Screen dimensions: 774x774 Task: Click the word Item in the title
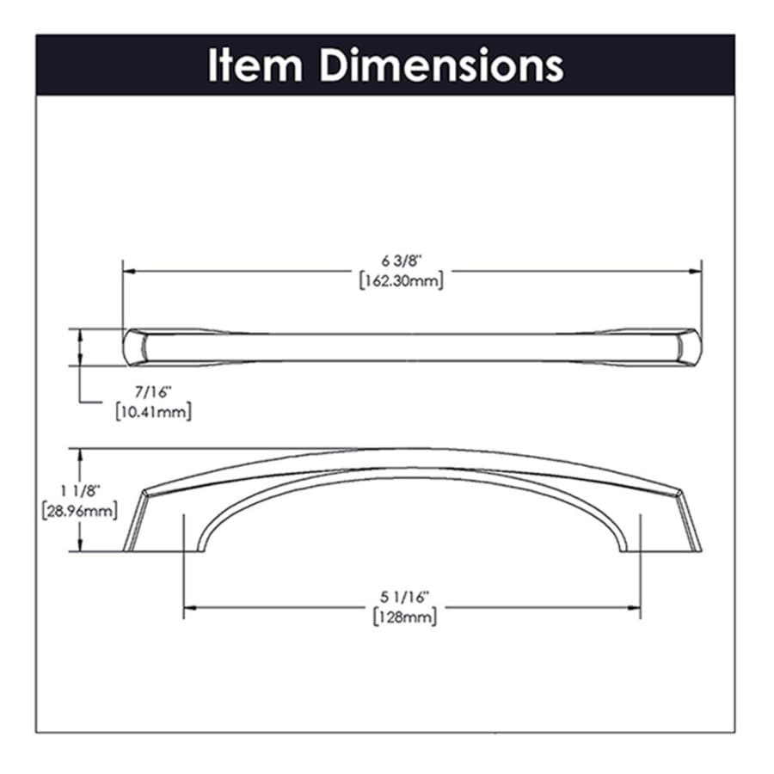click(x=255, y=65)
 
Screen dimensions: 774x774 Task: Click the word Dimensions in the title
click(x=441, y=65)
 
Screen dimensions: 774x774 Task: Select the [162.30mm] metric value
click(x=402, y=281)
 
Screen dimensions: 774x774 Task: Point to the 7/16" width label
click(x=153, y=392)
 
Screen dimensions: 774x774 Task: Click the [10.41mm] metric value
click(x=154, y=412)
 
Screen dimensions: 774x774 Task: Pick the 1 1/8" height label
click(x=80, y=491)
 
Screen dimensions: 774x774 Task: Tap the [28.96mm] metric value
click(x=80, y=510)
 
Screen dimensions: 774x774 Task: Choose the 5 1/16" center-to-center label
click(x=402, y=598)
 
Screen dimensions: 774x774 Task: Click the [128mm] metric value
click(x=405, y=617)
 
